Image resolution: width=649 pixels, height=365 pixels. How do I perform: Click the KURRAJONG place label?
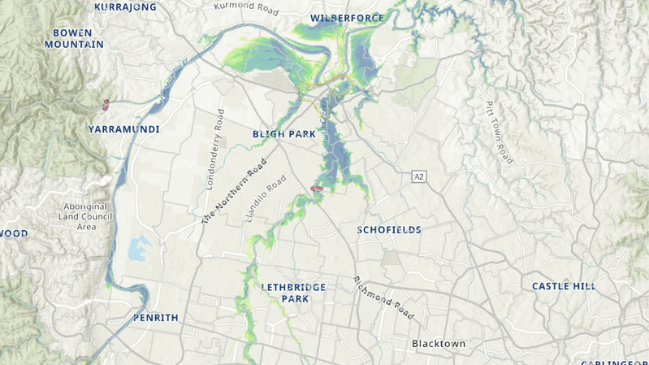point(125,7)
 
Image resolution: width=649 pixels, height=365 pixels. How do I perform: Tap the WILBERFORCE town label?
point(347,17)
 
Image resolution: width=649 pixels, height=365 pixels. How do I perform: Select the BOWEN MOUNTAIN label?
point(74,38)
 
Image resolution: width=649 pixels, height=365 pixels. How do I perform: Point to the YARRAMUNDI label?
point(124,129)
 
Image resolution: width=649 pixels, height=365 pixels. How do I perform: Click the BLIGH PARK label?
point(283,133)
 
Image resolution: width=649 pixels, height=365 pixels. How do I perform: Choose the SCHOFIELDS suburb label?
point(389,230)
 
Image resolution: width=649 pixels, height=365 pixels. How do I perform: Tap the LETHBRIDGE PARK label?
point(293,293)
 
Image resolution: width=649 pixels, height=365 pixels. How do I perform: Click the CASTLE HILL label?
point(564,286)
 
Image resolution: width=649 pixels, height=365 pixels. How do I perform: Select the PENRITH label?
point(155,317)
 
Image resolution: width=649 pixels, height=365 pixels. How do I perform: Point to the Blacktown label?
point(439,344)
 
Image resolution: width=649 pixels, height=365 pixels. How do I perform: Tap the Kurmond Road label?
point(246,9)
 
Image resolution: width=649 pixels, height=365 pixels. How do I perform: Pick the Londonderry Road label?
point(214,150)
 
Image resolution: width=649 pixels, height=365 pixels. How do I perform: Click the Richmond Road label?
point(383,298)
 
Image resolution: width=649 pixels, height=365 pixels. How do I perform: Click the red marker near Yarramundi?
point(106,103)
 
